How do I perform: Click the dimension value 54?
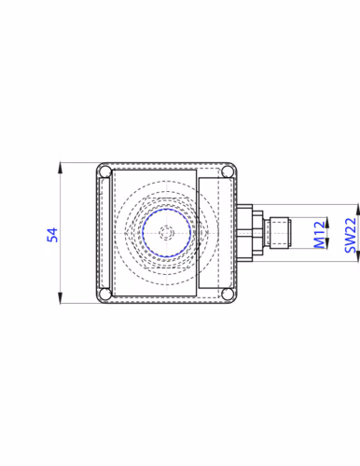[x=52, y=235]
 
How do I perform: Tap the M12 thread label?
[x=320, y=235]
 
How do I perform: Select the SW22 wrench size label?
[x=351, y=235]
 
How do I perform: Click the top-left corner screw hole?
[x=105, y=171]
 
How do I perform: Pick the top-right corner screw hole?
[x=228, y=171]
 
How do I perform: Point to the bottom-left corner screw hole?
[x=105, y=294]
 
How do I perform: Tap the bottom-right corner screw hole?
[x=228, y=294]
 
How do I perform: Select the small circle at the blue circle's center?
[x=167, y=233]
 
